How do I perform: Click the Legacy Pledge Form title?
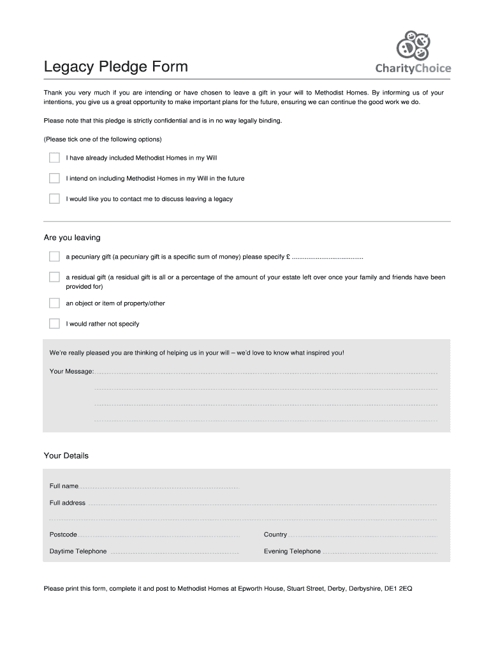(x=115, y=66)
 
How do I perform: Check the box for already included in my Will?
(x=54, y=158)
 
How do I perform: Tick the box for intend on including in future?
(x=54, y=178)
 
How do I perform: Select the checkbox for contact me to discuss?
(x=54, y=199)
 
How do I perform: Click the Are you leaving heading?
(x=72, y=238)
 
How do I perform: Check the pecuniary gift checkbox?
(x=54, y=257)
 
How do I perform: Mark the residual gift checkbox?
(x=54, y=277)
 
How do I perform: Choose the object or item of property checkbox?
(x=54, y=303)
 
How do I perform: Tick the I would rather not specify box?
(x=54, y=323)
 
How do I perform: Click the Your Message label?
(x=71, y=371)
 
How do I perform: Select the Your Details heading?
(x=66, y=455)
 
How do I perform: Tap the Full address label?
(x=68, y=503)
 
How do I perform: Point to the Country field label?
(x=275, y=535)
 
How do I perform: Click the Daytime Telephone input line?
(x=174, y=552)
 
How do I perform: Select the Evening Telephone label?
(x=292, y=551)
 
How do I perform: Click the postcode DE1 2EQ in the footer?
(x=397, y=588)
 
